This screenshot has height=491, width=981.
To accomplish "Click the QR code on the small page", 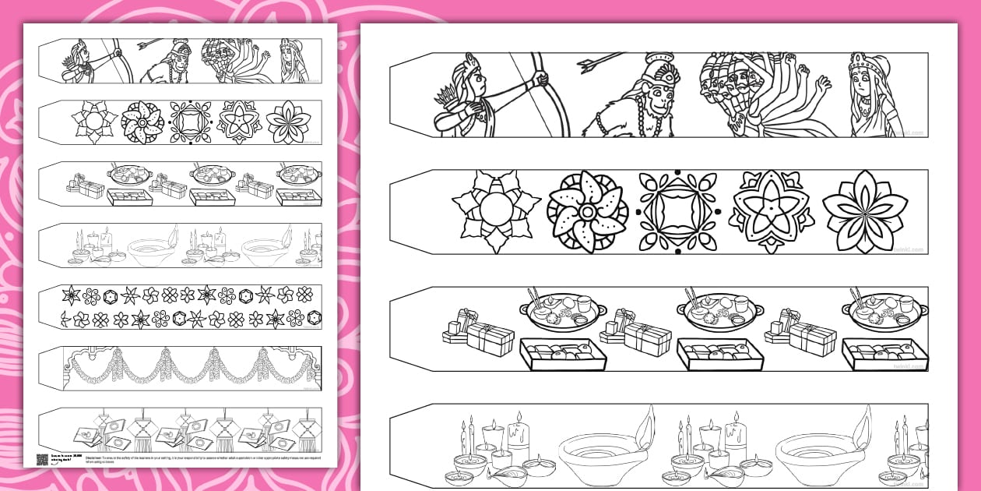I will click(42, 459).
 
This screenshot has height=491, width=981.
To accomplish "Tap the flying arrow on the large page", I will click(602, 59).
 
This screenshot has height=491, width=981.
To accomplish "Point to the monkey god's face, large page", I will click(660, 97).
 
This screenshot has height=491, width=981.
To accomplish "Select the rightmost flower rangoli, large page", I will click(863, 211).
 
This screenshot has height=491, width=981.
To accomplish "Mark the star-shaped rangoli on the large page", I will click(772, 211).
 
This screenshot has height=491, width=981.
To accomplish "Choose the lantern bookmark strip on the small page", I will click(180, 428).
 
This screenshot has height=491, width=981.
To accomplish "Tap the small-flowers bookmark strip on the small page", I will click(180, 307).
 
